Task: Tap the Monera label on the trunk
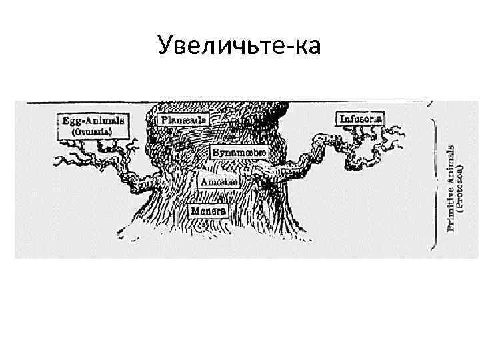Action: coord(209,211)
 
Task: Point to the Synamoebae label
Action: coord(239,152)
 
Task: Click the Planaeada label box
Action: coord(184,120)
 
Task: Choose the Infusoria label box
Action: coord(361,119)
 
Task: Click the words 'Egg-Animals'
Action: coord(93,121)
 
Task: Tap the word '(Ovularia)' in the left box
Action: coord(93,132)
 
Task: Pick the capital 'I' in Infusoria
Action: coord(343,119)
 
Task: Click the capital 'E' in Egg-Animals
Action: coord(65,121)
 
